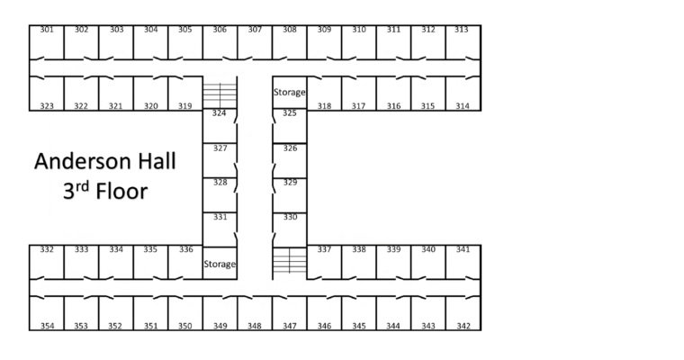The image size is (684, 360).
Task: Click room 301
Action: click(x=47, y=40)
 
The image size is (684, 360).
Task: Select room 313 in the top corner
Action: click(x=462, y=40)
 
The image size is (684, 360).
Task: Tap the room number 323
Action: click(x=47, y=106)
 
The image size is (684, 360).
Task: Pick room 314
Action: click(x=463, y=94)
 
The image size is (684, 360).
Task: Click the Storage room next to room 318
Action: click(x=290, y=92)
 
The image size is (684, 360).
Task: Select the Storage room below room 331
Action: click(x=220, y=264)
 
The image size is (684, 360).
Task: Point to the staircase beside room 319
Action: click(x=219, y=93)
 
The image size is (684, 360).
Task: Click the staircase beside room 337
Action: click(x=289, y=262)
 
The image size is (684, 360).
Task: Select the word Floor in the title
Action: click(x=118, y=192)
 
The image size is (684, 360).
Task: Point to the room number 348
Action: click(x=255, y=326)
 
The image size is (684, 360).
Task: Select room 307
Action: click(x=255, y=40)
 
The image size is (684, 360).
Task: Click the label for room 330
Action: click(x=290, y=217)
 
